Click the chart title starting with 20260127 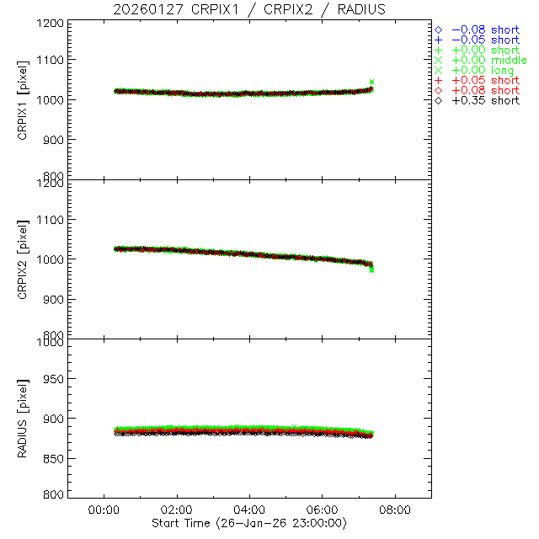[248, 9]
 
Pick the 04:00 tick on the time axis [249, 510]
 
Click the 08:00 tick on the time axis [395, 510]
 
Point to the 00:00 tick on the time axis [104, 510]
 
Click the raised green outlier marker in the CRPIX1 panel [371, 83]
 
